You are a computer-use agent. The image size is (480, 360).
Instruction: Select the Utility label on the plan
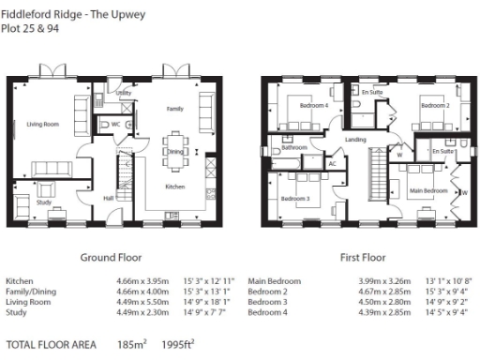(x=123, y=94)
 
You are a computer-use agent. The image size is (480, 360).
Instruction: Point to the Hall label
(x=109, y=199)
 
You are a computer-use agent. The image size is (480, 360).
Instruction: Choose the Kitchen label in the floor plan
(x=175, y=187)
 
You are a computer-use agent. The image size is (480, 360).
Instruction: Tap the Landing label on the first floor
(x=355, y=141)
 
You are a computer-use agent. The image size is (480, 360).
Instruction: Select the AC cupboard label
(x=332, y=164)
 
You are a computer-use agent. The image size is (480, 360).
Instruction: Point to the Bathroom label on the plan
(x=296, y=147)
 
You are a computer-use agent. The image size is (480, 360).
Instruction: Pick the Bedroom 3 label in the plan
(x=295, y=199)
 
